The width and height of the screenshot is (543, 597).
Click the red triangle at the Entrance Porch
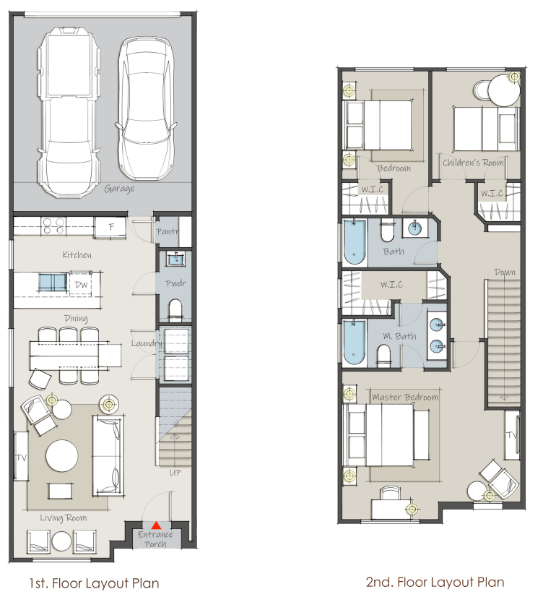point(156,525)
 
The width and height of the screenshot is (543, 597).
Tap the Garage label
point(119,189)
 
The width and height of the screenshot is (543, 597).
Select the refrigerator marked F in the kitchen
point(110,226)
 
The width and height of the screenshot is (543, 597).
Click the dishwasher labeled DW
point(81,285)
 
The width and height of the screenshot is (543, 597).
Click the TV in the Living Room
point(21,456)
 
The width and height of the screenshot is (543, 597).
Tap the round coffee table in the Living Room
point(63,456)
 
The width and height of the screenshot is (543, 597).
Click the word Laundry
point(146,344)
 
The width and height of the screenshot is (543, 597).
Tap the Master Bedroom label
point(404,398)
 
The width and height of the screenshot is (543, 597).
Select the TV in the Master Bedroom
point(512,434)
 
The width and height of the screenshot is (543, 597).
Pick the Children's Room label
point(473,163)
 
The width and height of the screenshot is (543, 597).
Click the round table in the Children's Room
point(503,92)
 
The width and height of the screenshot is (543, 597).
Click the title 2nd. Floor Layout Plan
point(436,582)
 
